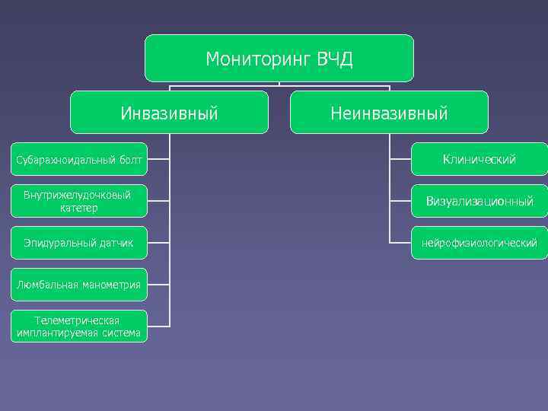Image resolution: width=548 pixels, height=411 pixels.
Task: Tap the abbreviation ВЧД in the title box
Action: coord(335,59)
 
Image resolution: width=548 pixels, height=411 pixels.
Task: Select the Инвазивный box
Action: coord(169,113)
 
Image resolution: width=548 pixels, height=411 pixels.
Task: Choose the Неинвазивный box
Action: coord(389,113)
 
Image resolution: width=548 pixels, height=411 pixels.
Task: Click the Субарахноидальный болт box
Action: coord(79,160)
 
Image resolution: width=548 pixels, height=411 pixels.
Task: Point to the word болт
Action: coord(131,160)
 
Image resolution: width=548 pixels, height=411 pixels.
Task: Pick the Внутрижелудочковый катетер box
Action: coord(79,202)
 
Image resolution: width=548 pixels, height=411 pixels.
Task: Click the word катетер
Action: coord(76,208)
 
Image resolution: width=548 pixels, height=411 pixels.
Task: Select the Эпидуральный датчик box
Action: coord(79,243)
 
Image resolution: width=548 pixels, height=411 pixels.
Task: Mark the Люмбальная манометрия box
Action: coord(79,285)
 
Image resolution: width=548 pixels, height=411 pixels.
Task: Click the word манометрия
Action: coord(112,285)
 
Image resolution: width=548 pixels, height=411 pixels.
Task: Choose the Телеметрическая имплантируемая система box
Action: coord(79,326)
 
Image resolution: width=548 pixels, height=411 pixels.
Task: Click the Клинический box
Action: coord(479,160)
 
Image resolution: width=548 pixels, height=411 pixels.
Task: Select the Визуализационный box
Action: coord(479,202)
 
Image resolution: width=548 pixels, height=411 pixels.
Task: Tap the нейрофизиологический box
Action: coord(479,243)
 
